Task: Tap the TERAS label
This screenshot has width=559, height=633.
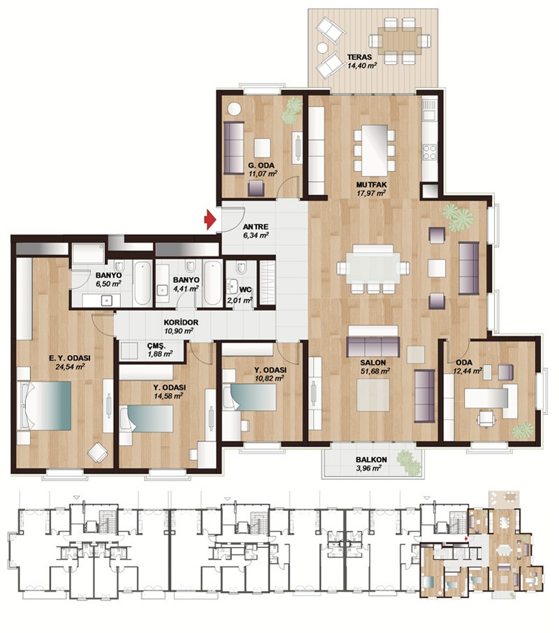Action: [359, 57]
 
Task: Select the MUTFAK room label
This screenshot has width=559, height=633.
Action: [371, 184]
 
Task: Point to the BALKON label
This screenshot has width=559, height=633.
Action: [371, 460]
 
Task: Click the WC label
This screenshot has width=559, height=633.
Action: [245, 289]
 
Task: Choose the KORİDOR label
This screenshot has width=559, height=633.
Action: [181, 323]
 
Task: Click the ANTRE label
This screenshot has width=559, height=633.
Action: [256, 227]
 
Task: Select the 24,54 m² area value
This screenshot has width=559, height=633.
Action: [70, 367]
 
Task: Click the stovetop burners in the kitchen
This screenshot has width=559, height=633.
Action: [429, 152]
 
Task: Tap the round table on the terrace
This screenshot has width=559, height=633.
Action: [322, 48]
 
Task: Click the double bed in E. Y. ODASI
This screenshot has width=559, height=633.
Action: [45, 405]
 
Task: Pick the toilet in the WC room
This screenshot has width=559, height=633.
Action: [241, 268]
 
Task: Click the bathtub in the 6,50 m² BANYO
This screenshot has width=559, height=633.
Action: [143, 283]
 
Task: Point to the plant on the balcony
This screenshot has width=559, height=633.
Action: [409, 463]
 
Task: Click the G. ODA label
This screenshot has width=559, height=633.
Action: [261, 165]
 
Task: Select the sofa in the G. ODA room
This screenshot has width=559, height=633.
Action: [233, 148]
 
